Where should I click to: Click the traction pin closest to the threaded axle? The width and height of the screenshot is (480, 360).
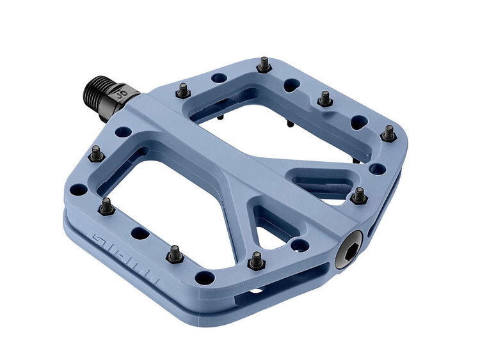tap(182, 91)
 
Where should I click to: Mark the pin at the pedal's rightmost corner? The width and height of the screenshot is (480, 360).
tap(388, 133)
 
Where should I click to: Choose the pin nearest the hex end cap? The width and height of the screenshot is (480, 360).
tap(359, 196)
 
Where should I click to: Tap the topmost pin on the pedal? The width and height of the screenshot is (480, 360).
tap(264, 65)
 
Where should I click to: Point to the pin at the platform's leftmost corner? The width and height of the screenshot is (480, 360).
tap(96, 153)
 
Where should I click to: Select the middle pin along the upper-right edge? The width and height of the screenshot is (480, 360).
tap(324, 98)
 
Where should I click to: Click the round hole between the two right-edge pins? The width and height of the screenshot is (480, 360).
tap(378, 168)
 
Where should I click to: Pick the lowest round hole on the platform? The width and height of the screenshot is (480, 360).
tap(204, 278)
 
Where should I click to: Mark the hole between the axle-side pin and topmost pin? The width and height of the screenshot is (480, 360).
tap(220, 78)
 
